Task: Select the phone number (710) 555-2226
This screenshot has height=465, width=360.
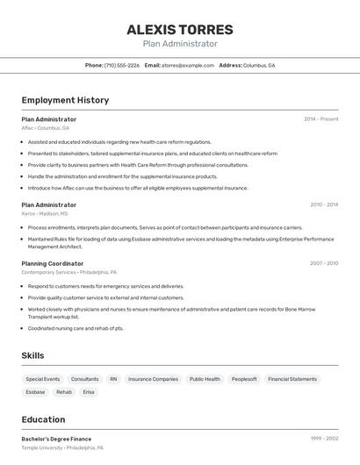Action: coord(122,65)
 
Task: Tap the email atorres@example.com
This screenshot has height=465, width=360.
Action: coord(188,65)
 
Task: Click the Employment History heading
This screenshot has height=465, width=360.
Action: coord(65,100)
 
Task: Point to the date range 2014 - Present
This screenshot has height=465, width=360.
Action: coord(320,118)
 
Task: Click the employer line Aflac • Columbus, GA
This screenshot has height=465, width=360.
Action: coord(45,128)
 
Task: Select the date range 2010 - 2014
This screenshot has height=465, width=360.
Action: coord(324,204)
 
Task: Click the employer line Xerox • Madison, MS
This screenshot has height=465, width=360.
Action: coord(44,213)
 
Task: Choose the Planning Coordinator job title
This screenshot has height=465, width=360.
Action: coord(53,263)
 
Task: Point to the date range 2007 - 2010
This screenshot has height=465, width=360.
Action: coord(324,263)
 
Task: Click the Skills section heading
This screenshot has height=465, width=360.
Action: coord(33,355)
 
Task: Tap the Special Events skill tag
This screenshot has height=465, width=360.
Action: coord(43,379)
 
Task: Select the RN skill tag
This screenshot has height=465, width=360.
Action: coord(113,379)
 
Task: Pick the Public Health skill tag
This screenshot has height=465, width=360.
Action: coord(205,379)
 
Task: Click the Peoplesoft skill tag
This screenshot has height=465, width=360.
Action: coord(244,379)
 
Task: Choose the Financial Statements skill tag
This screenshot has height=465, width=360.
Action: coord(292,379)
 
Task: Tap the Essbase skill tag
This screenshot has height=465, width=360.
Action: coord(35,392)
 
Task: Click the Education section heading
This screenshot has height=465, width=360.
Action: coord(43,419)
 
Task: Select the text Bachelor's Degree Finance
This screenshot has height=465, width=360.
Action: coord(56,439)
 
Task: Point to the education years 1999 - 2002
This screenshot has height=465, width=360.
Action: coord(324,439)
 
